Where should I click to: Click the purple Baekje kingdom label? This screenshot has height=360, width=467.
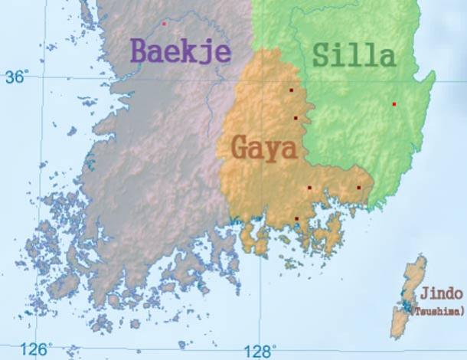pyautogui.click(x=181, y=51)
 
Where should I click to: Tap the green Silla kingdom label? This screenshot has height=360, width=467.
pyautogui.click(x=354, y=54)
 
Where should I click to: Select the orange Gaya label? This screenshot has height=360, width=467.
pyautogui.click(x=263, y=146)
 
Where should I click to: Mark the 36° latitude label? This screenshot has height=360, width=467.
pyautogui.click(x=16, y=77)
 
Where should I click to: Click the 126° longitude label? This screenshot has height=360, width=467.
pyautogui.click(x=35, y=349)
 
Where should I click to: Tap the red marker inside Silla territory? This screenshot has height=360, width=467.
pyautogui.click(x=394, y=104)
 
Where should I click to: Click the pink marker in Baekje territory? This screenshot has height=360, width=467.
pyautogui.click(x=164, y=24)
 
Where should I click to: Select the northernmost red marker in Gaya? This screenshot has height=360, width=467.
pyautogui.click(x=291, y=90)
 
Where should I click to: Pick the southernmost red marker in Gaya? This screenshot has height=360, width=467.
pyautogui.click(x=297, y=219)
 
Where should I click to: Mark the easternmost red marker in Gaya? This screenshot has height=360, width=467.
pyautogui.click(x=358, y=188)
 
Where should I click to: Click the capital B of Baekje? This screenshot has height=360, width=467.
pyautogui.click(x=141, y=51)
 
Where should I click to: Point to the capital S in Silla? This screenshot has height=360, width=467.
pyautogui.click(x=322, y=54)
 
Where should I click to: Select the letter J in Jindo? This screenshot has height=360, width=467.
pyautogui.click(x=423, y=294)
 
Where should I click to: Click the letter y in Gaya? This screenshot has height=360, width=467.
pyautogui.click(x=273, y=149)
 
